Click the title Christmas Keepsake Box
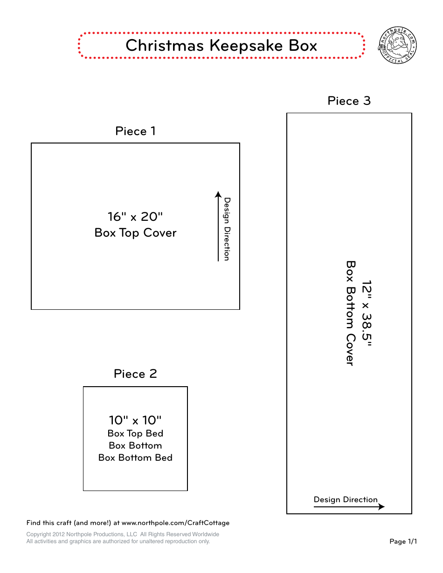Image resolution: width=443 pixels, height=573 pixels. [221, 46]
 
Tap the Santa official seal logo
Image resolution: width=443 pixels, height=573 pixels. [397, 46]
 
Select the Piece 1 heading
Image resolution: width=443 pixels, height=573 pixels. [135, 131]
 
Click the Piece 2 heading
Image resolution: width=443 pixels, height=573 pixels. [135, 374]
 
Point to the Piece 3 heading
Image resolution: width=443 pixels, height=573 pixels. [349, 101]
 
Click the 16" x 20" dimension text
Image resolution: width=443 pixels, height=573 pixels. [135, 217]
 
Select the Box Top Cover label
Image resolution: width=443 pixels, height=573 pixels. [135, 233]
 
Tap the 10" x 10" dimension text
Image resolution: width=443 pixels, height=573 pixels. [135, 421]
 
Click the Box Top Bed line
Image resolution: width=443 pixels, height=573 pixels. [135, 434]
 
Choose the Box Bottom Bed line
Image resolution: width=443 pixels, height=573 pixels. [135, 458]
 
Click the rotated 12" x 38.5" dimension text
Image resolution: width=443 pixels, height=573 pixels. [367, 314]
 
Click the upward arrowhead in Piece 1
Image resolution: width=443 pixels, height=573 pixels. [218, 194]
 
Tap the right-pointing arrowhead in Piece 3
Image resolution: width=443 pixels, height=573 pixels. [381, 507]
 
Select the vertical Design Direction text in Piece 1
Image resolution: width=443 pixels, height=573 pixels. [227, 229]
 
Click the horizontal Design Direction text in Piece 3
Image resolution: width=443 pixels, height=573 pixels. [346, 500]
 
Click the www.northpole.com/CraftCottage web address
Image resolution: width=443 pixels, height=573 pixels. [175, 523]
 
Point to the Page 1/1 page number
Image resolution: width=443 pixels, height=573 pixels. [403, 541]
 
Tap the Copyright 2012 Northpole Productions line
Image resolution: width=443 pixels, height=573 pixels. [123, 534]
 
